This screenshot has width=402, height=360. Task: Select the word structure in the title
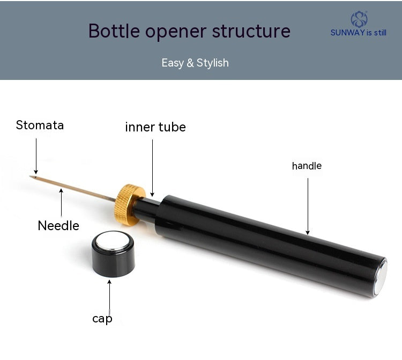coord(251,31)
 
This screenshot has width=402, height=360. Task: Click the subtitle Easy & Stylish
coord(195,63)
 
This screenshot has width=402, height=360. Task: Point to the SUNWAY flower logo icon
coord(359,19)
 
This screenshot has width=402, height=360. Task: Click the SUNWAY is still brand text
coord(358,33)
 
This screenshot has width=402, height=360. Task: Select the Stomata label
coord(40,126)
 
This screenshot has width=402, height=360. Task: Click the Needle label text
coord(58,226)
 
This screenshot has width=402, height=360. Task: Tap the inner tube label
coord(155,127)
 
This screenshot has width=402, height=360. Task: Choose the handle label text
coord(307,166)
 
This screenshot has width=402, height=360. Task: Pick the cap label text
coord(102,319)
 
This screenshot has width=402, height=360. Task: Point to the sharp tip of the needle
coord(31,176)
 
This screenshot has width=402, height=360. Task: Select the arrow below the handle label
coord(308,207)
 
